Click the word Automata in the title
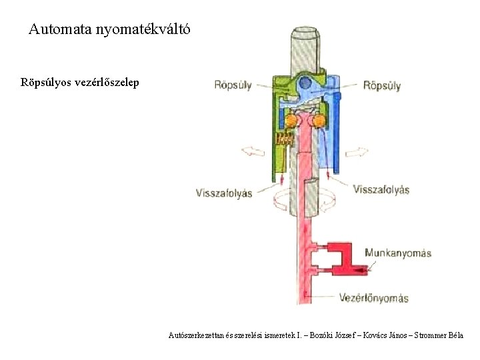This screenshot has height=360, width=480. [61, 29]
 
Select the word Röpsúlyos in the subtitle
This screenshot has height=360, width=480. [48, 84]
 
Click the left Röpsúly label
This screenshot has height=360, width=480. [233, 85]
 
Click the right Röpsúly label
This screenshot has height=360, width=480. [382, 85]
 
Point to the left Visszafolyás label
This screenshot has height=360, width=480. [224, 193]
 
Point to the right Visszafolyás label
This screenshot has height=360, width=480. [381, 189]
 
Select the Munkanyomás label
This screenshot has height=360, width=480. [399, 253]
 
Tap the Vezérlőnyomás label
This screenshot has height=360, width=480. [374, 297]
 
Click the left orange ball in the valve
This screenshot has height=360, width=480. [292, 121]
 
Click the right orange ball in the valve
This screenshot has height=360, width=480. [319, 121]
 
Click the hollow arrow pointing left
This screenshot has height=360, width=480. [253, 151]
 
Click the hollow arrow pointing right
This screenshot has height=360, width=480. [356, 151]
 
